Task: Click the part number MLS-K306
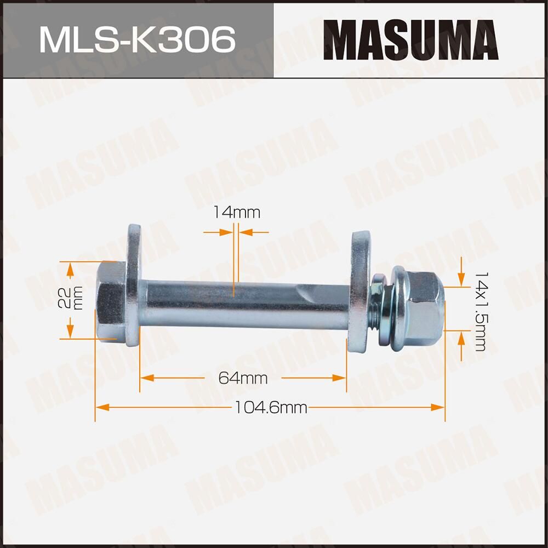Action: pyautogui.click(x=137, y=40)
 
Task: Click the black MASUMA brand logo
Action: pyautogui.click(x=410, y=39)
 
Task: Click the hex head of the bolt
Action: pyautogui.click(x=111, y=301)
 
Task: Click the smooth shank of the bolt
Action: pyautogui.click(x=219, y=304)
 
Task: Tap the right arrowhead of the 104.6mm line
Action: pyautogui.click(x=438, y=407)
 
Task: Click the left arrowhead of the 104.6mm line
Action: pyautogui.click(x=102, y=407)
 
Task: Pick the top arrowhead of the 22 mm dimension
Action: pyautogui.click(x=70, y=269)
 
